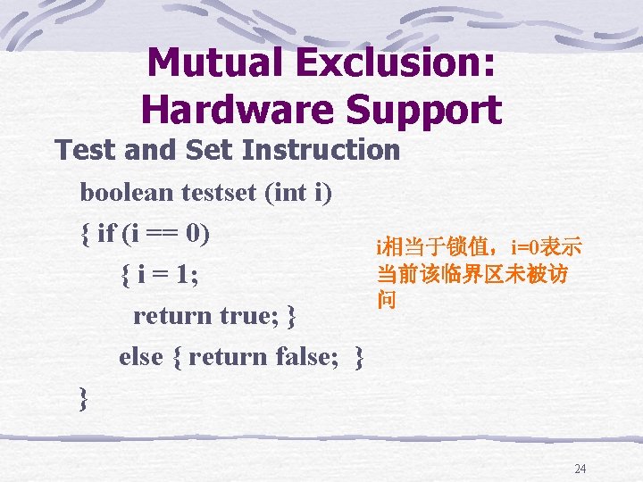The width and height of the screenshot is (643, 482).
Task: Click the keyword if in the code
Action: pyautogui.click(x=106, y=234)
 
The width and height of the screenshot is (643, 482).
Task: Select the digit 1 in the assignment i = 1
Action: pyautogui.click(x=184, y=275)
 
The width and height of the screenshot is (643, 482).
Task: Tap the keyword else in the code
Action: pyautogui.click(x=140, y=357)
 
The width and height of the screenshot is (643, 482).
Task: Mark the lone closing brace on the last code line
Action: pyautogui.click(x=84, y=398)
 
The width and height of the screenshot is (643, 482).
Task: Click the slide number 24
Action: pyautogui.click(x=580, y=469)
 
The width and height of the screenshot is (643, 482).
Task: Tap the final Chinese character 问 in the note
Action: pyautogui.click(x=386, y=301)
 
